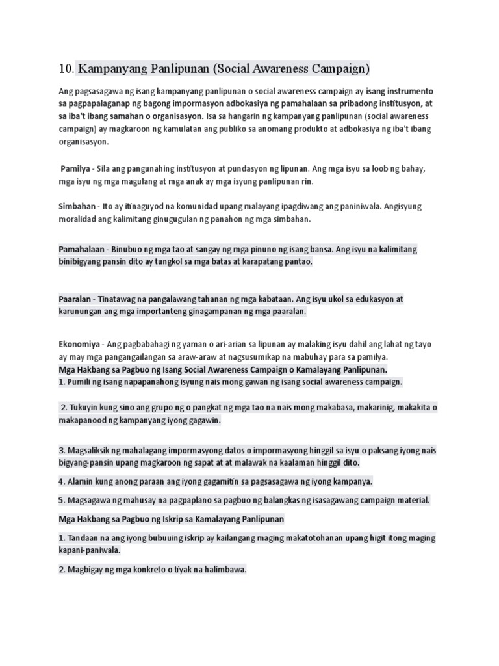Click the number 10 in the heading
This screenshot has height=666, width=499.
[x=65, y=68]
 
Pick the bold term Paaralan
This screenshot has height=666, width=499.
[x=75, y=299]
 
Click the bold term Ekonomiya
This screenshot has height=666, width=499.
[x=79, y=343]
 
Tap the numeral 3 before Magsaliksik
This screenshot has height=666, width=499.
[x=61, y=450]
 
